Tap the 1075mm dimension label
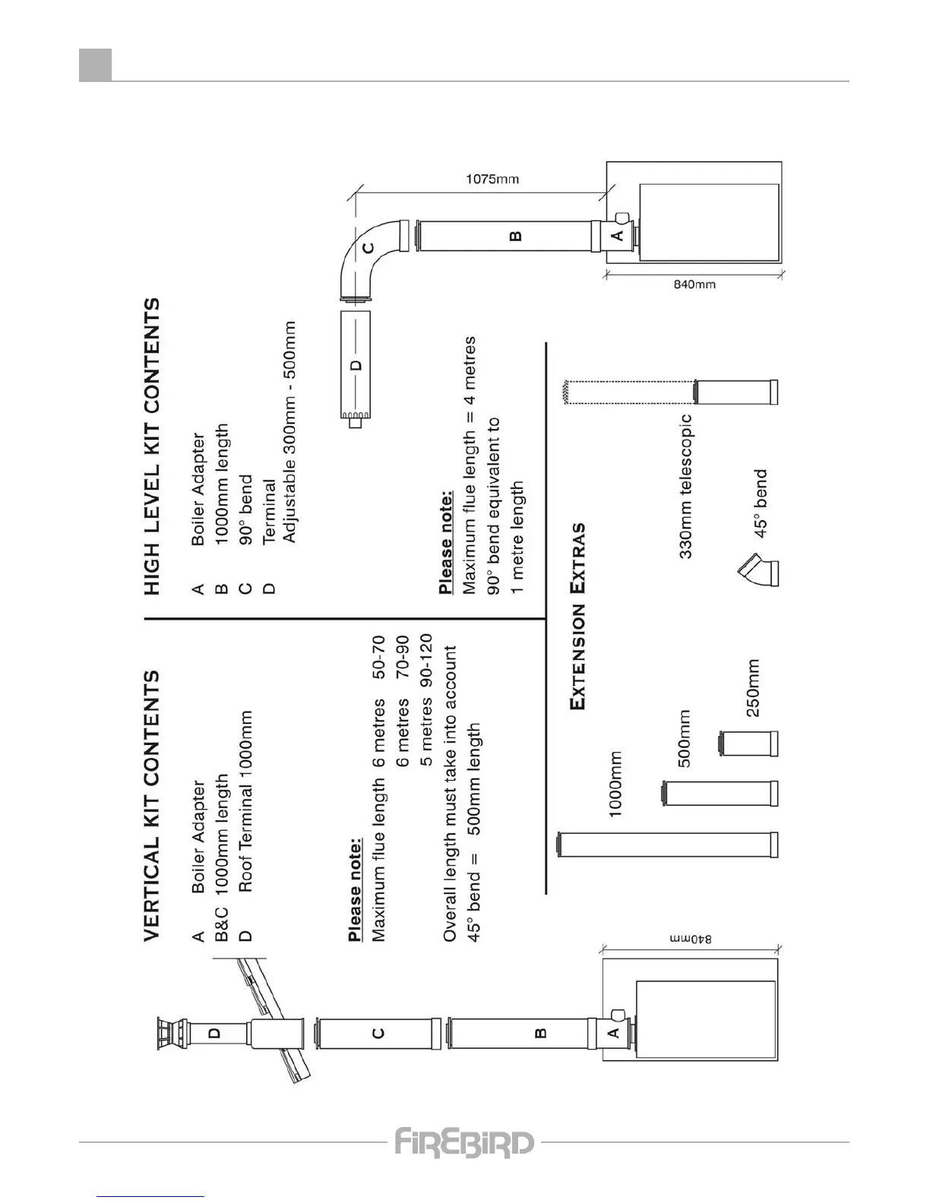click(x=492, y=179)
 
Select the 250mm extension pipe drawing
click(x=748, y=744)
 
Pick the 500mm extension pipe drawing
click(x=720, y=793)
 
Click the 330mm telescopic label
click(x=685, y=486)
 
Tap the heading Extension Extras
click(x=579, y=616)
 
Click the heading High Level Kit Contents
click(x=152, y=447)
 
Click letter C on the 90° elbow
click(x=368, y=248)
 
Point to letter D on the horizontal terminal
click(x=355, y=365)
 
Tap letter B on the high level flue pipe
click(x=516, y=236)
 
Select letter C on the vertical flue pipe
click(x=378, y=1033)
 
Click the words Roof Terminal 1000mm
click(x=245, y=801)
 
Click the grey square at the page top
click(x=96, y=65)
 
